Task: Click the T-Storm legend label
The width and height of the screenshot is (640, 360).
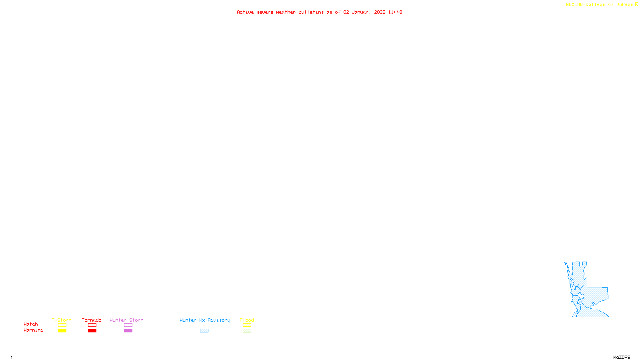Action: tap(62, 320)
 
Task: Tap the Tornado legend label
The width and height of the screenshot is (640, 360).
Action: tap(92, 320)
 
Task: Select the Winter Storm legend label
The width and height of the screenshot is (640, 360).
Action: tap(126, 320)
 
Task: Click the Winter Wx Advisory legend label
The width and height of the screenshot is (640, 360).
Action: tap(205, 320)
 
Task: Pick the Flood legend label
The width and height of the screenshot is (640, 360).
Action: tap(247, 320)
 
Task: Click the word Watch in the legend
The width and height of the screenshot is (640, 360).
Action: tap(31, 324)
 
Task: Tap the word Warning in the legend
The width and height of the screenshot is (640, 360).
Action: tap(33, 330)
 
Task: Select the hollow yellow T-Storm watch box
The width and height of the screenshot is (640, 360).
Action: tap(62, 325)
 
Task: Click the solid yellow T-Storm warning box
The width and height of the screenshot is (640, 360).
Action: tap(62, 331)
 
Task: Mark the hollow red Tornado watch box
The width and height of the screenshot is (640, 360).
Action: tap(92, 325)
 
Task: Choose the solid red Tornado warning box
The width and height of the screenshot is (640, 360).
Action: tap(92, 331)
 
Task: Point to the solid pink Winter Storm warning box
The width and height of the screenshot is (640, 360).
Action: tap(128, 331)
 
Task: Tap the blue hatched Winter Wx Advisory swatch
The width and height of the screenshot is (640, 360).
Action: tap(204, 331)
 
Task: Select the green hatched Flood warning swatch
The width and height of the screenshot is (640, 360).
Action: tap(247, 331)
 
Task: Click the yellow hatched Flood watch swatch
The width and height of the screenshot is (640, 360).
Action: tap(247, 325)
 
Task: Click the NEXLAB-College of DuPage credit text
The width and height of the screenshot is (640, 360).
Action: tap(600, 5)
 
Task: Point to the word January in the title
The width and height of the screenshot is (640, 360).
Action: tap(362, 12)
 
